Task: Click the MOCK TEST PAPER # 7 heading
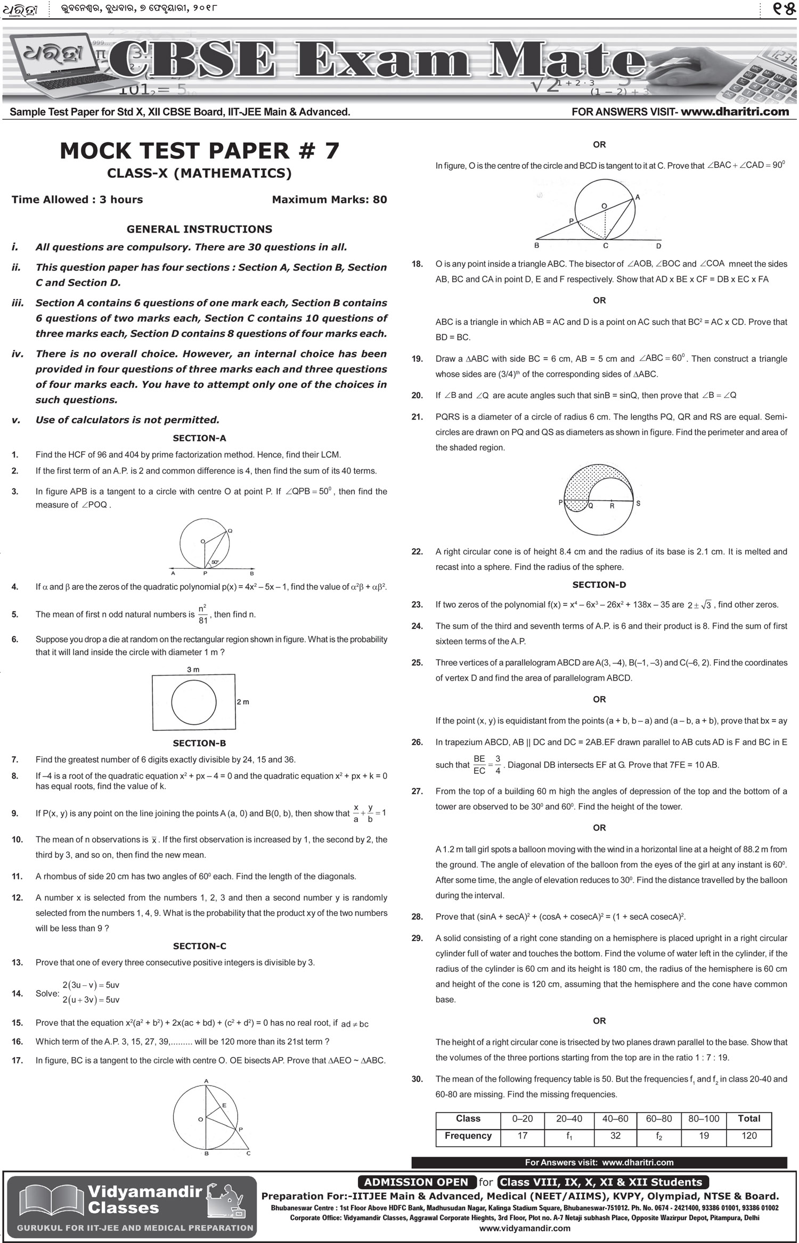(x=199, y=151)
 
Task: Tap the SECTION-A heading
(x=199, y=438)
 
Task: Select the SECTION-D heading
(x=599, y=585)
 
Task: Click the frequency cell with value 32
(x=615, y=1135)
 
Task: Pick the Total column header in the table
(x=749, y=1118)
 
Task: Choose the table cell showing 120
(x=749, y=1135)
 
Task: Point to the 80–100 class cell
(x=704, y=1118)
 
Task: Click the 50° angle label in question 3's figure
(x=214, y=562)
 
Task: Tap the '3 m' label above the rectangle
(x=193, y=669)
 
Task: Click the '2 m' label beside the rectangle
(x=243, y=702)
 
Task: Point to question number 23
(x=417, y=604)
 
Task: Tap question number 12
(x=17, y=898)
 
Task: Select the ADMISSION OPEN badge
(x=416, y=1182)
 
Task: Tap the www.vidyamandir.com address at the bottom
(x=525, y=1228)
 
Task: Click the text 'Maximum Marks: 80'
(x=329, y=200)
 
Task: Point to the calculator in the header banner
(x=767, y=75)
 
